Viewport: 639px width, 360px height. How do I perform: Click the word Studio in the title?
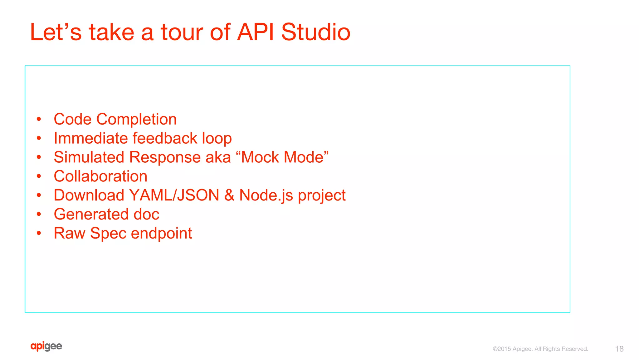point(315,32)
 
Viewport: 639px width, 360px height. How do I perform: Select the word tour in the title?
point(182,32)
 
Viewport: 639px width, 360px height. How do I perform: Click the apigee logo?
point(46,346)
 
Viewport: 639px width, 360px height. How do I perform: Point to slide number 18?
point(619,349)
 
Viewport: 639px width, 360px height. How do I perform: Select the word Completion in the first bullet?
point(136,119)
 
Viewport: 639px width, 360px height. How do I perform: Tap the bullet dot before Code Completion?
point(39,119)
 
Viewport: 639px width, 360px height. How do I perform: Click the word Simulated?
point(89,157)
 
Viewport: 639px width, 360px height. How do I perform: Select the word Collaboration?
point(100,176)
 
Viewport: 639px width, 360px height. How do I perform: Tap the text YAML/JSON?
point(174,195)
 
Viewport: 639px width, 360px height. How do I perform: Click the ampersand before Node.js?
point(229,195)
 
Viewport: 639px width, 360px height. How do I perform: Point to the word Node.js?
point(266,196)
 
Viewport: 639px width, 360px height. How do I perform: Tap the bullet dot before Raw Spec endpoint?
point(39,233)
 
